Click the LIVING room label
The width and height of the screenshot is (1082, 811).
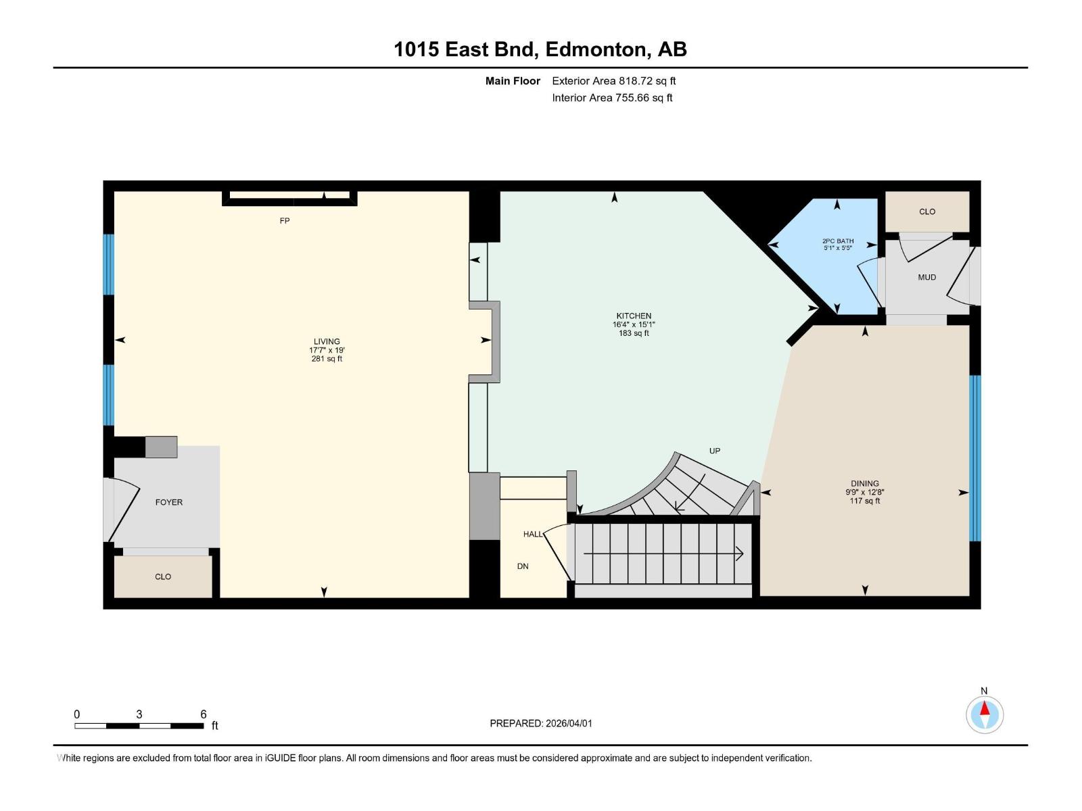tap(327, 342)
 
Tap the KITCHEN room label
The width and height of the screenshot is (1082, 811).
tap(634, 316)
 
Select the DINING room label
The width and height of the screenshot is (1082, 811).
tap(864, 484)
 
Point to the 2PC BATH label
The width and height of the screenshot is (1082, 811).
tap(837, 241)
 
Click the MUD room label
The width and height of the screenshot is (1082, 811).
tap(926, 277)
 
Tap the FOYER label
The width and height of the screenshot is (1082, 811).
tap(168, 502)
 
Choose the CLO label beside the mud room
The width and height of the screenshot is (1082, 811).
tap(926, 212)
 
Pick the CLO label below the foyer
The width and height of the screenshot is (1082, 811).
tap(163, 576)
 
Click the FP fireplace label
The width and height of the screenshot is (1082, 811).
tap(285, 221)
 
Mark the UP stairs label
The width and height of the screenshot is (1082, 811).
tap(715, 451)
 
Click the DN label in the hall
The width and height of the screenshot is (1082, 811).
tap(523, 566)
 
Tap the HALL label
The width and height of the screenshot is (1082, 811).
tap(532, 534)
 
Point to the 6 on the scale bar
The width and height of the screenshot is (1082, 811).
tap(203, 714)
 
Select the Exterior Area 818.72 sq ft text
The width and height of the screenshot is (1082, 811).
tap(613, 81)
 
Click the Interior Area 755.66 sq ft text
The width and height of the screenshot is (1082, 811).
tap(612, 98)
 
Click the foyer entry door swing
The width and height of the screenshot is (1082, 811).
tap(122, 510)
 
